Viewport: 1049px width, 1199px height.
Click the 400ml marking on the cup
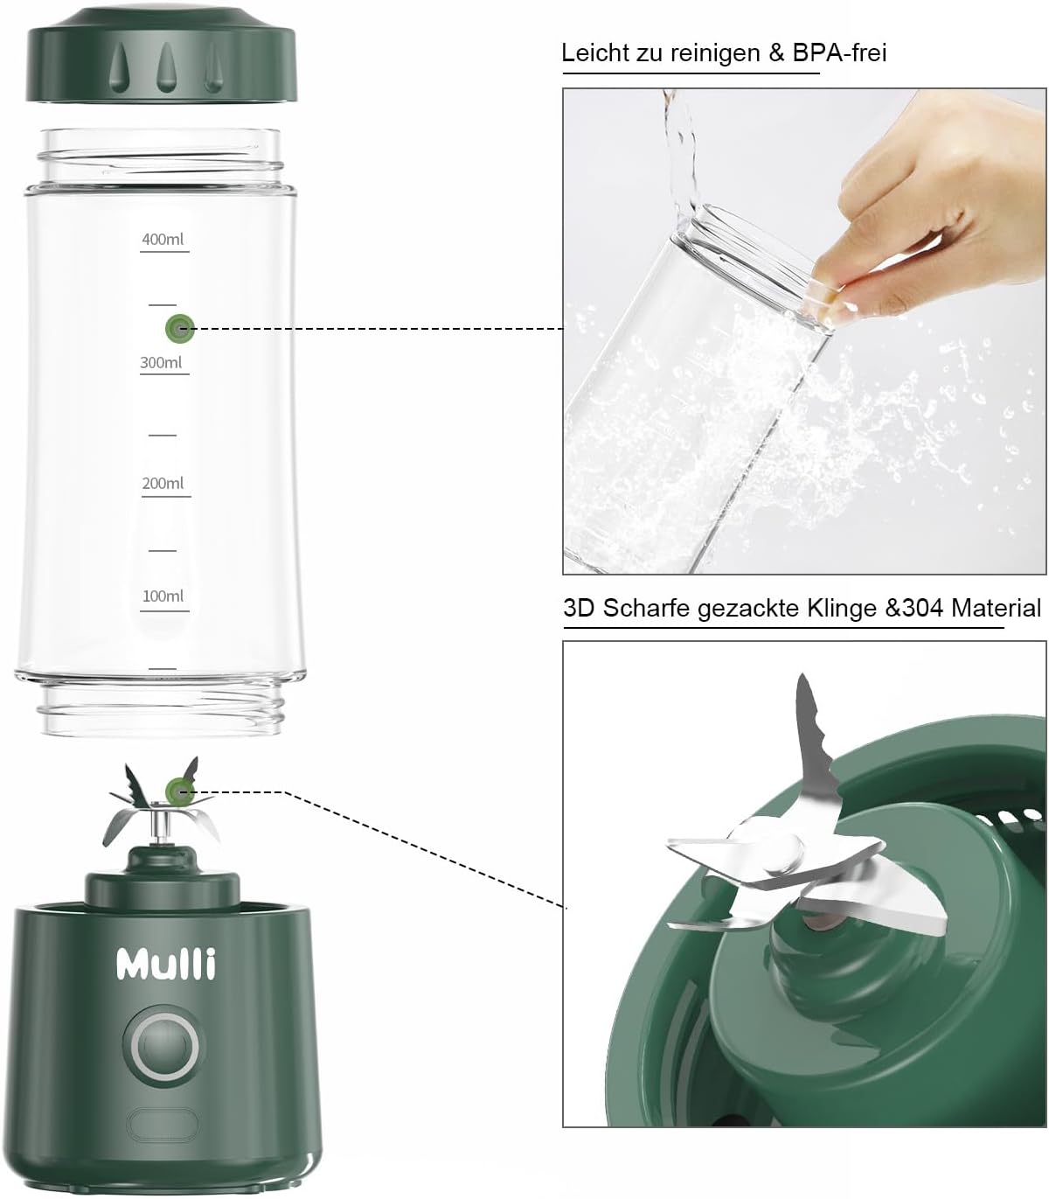click(x=163, y=239)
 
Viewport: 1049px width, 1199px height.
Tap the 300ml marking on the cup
click(x=161, y=362)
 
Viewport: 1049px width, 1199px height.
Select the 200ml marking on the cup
click(x=163, y=483)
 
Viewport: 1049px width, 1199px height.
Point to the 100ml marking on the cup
click(x=163, y=596)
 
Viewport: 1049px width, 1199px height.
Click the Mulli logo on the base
click(x=166, y=964)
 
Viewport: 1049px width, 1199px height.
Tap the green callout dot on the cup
click(x=180, y=328)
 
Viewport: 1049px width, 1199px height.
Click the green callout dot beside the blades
click(x=179, y=791)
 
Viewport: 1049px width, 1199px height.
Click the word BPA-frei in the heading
click(x=839, y=52)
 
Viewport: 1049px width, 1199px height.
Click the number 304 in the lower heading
click(x=922, y=608)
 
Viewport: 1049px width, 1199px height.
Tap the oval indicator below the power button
click(x=163, y=1124)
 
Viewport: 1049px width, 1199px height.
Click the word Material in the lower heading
click(x=997, y=608)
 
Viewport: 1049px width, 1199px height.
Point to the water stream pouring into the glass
click(x=680, y=159)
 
